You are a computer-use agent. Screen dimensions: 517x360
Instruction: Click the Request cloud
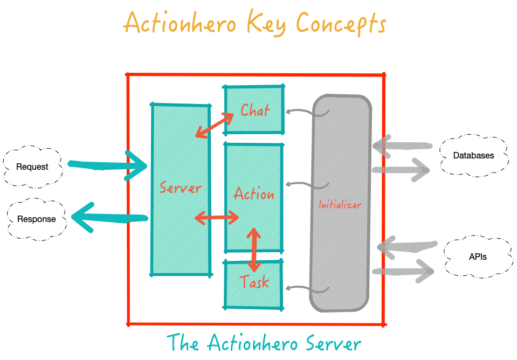click(32, 167)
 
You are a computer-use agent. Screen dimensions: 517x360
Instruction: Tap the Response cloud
click(36, 219)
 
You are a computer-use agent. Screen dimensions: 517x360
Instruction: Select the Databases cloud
click(473, 156)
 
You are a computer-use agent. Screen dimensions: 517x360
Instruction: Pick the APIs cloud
click(478, 257)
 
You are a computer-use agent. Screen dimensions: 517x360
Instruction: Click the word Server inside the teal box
click(180, 188)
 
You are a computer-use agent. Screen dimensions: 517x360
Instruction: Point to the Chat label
click(255, 110)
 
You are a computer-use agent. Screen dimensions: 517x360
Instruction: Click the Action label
click(253, 193)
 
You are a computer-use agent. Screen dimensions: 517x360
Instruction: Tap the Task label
click(254, 281)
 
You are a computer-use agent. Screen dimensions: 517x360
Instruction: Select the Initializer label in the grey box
click(340, 205)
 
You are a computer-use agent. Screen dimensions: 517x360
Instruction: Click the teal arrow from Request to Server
click(108, 165)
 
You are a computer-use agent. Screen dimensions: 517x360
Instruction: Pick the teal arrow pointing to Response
click(109, 217)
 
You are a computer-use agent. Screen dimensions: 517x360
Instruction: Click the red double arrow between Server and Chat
click(215, 125)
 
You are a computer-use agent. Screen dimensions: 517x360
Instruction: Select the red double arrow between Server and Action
click(217, 218)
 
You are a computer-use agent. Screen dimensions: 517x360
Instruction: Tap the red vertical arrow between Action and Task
click(253, 250)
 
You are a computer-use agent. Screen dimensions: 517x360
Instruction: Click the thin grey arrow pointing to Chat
click(307, 113)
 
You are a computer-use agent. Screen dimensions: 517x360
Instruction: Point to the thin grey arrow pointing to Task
click(307, 289)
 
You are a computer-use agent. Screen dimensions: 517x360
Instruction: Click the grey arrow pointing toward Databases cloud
click(401, 170)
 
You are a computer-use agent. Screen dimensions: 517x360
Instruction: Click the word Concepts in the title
click(341, 24)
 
